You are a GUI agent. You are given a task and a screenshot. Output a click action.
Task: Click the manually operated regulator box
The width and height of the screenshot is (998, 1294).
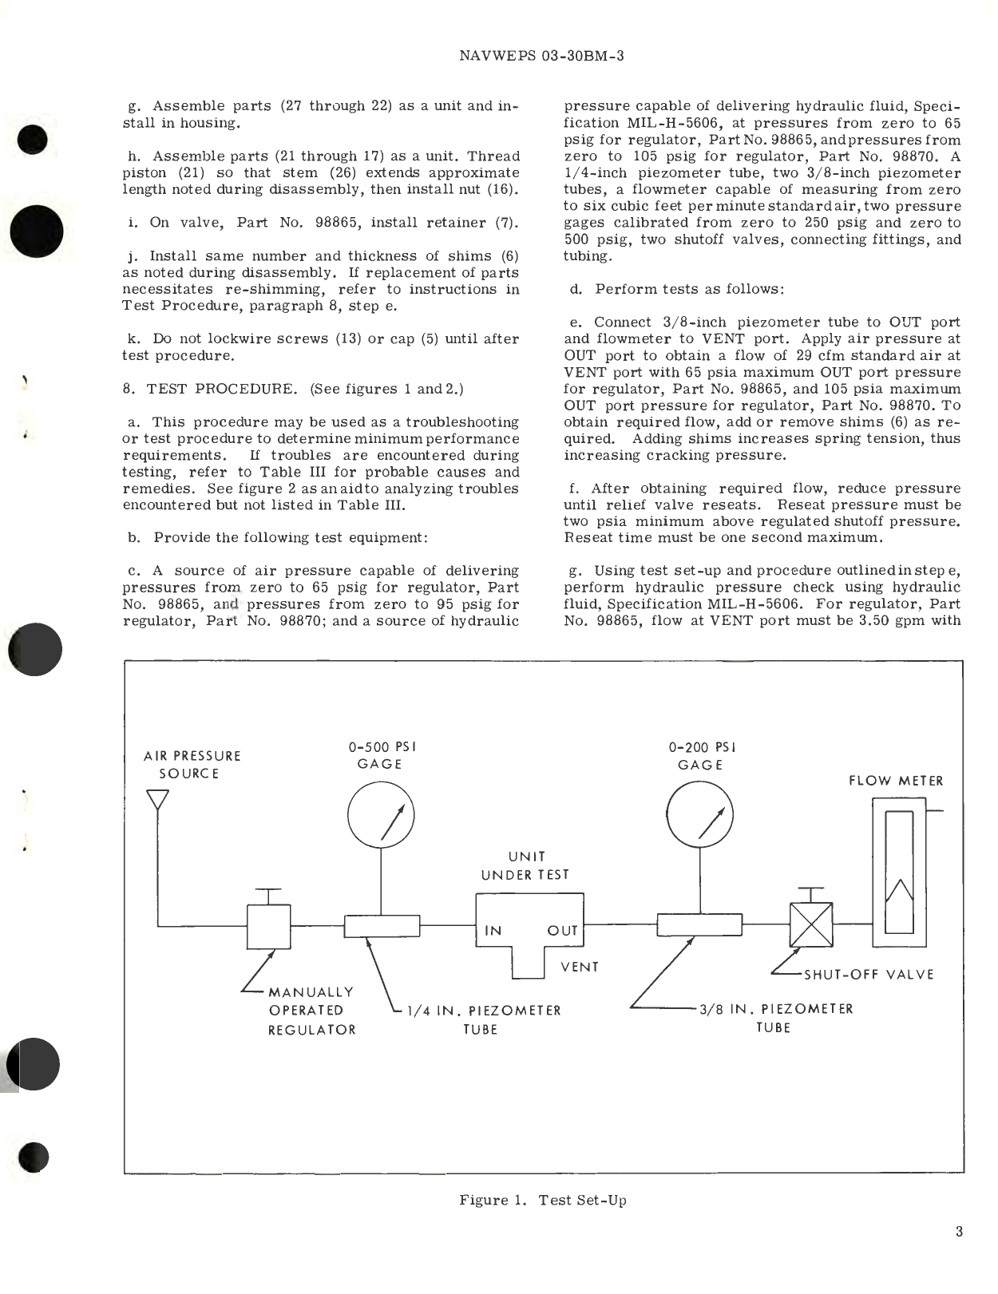tap(268, 927)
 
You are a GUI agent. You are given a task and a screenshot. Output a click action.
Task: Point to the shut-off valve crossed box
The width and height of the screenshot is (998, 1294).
tap(810, 925)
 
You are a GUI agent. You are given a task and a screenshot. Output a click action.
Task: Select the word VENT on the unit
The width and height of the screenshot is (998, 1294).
tap(580, 967)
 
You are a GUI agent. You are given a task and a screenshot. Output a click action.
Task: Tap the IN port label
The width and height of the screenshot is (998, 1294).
tap(493, 931)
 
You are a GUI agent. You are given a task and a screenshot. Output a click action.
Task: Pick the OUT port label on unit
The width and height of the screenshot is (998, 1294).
tap(562, 931)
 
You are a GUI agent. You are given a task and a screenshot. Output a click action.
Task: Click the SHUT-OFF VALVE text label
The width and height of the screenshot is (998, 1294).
tap(868, 975)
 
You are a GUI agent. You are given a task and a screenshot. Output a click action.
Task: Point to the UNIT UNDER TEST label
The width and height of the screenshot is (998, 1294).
tap(525, 865)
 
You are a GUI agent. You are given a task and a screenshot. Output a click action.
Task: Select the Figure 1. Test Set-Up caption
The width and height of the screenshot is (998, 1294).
tap(542, 1201)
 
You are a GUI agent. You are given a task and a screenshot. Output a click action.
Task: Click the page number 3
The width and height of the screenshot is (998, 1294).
tap(958, 1232)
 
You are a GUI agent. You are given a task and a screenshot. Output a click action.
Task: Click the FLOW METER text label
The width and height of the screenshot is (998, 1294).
tap(895, 781)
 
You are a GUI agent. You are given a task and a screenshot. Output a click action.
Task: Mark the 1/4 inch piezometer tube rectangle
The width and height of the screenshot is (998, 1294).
tap(382, 926)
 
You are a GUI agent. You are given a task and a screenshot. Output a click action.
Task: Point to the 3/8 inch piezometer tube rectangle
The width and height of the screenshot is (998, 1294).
tap(699, 925)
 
